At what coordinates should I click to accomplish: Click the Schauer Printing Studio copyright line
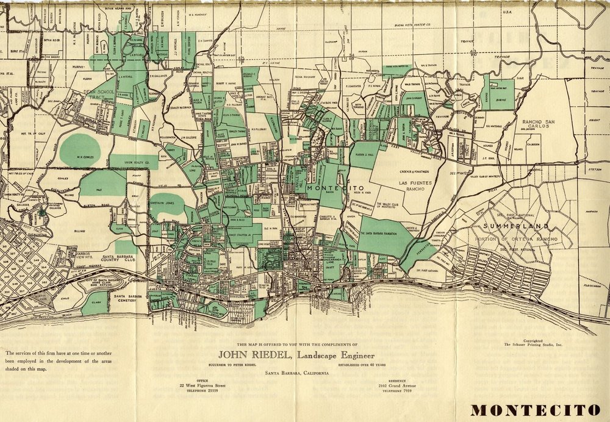pos(533,345)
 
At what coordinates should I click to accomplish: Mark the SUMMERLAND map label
pos(508,226)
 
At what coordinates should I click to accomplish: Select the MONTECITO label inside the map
pos(330,188)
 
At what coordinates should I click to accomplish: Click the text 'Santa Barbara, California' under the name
pos(296,373)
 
